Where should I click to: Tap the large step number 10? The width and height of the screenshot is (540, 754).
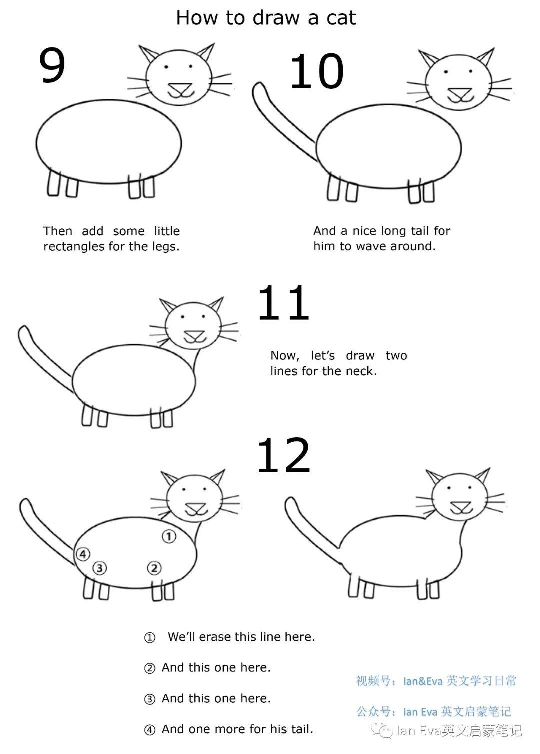coord(317,72)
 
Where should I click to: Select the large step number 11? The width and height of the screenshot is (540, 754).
coord(283,303)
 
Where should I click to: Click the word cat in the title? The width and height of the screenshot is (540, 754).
coord(341,18)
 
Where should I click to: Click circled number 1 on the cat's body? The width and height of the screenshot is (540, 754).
coord(169,536)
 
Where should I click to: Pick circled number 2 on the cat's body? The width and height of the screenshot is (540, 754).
coord(154,568)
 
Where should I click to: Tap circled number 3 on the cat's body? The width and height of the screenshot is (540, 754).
coord(100,568)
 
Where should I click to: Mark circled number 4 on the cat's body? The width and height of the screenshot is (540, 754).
coord(83,554)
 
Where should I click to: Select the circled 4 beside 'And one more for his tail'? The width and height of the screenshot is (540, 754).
coord(150,730)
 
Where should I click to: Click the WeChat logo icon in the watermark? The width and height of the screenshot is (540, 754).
coord(385,731)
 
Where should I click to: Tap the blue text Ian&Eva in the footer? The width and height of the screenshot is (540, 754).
coord(423,681)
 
